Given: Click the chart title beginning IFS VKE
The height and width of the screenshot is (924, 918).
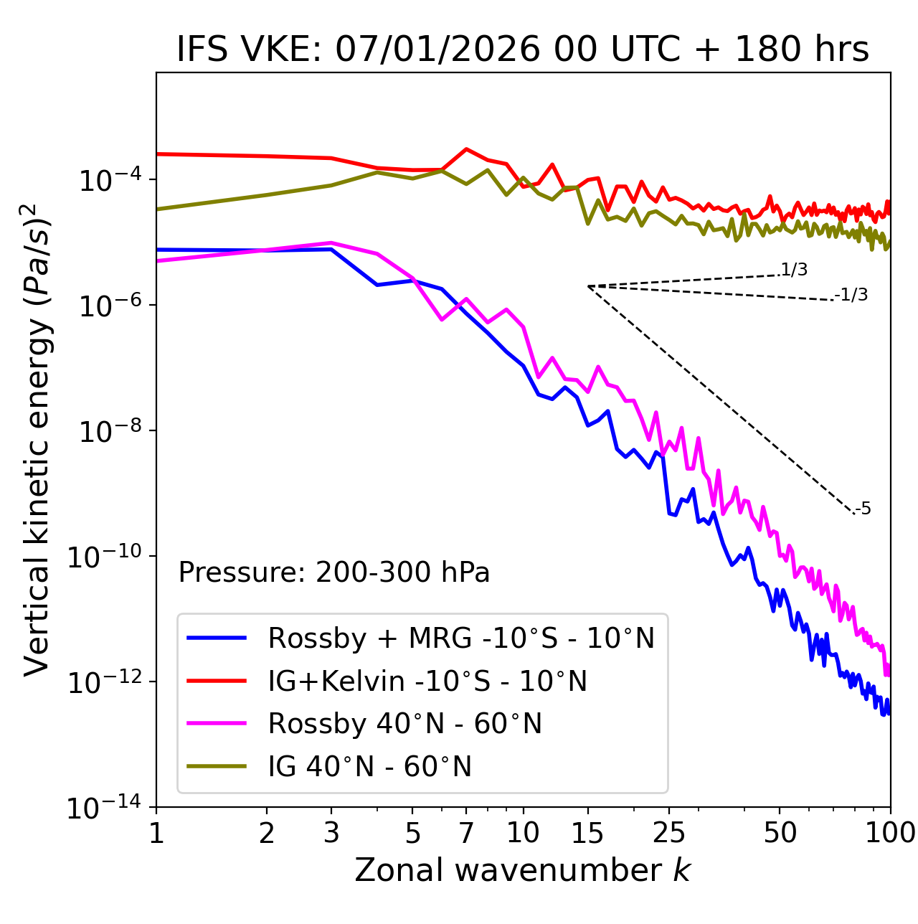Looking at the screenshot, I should pyautogui.click(x=523, y=50).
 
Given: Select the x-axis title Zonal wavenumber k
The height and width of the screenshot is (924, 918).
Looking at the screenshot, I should pyautogui.click(x=523, y=870).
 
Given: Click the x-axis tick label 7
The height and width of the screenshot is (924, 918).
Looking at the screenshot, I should pyautogui.click(x=466, y=834).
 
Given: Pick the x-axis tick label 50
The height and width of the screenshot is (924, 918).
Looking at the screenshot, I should pyautogui.click(x=780, y=834).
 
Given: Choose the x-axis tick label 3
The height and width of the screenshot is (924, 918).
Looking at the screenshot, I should pyautogui.click(x=331, y=834).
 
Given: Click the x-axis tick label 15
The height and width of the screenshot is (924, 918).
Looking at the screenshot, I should pyautogui.click(x=587, y=834).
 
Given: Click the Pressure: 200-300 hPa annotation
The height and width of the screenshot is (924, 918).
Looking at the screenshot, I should pyautogui.click(x=334, y=572).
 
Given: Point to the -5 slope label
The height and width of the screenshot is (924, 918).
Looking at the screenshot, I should pyautogui.click(x=863, y=509).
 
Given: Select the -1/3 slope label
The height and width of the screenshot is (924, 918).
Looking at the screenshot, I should pyautogui.click(x=852, y=295).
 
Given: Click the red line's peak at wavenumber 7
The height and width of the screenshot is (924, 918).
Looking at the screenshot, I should pyautogui.click(x=466, y=149).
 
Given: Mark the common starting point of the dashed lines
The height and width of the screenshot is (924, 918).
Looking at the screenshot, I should pyautogui.click(x=588, y=286).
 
